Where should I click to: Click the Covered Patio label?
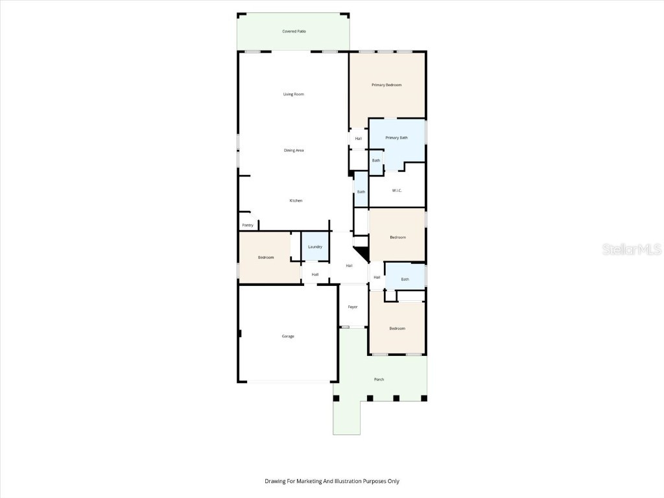[x=294, y=31]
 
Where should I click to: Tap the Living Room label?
[x=293, y=94]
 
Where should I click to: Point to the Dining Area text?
[x=294, y=150]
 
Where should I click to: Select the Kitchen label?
[x=296, y=201]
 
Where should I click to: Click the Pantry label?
[x=248, y=225]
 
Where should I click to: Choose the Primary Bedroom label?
[x=386, y=85]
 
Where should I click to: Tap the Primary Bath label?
[x=396, y=137]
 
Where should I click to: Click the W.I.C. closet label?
[x=397, y=191]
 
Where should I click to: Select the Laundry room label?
[x=315, y=247]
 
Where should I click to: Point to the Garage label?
[x=288, y=336]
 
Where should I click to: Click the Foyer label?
[x=353, y=307]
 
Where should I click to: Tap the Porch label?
[x=379, y=379]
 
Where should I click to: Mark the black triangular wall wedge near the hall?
[x=361, y=252]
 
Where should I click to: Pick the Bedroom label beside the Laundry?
[x=266, y=257]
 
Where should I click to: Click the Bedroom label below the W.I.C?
[x=397, y=237]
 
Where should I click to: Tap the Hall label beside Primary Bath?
[x=358, y=138]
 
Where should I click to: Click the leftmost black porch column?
[x=336, y=398]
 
